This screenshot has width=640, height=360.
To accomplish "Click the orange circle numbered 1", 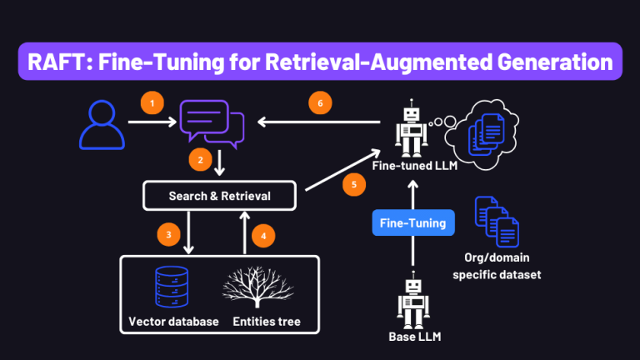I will [152, 103].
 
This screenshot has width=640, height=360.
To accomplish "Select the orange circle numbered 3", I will [169, 235].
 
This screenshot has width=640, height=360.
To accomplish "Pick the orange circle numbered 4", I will [264, 236].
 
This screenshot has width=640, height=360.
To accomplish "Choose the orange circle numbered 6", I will [316, 103].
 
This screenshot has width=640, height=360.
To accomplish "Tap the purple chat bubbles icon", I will [212, 122].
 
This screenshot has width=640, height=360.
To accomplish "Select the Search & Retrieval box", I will [220, 196].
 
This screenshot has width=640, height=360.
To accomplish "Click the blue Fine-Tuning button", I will [412, 223].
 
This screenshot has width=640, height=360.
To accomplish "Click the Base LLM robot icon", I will [412, 301].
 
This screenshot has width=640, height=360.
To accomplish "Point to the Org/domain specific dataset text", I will [502, 265].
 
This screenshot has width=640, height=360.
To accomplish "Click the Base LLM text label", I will [413, 338].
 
